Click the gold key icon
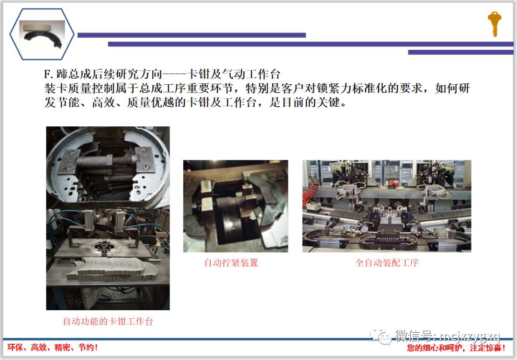pos(494,23)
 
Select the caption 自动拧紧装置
pos(231,263)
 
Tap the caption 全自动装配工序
pos(387,263)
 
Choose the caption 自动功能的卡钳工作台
pos(108,322)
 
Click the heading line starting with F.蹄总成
pos(162,75)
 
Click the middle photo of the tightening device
pos(236,206)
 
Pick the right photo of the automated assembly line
pos(386,206)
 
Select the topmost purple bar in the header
pos(191,35)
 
